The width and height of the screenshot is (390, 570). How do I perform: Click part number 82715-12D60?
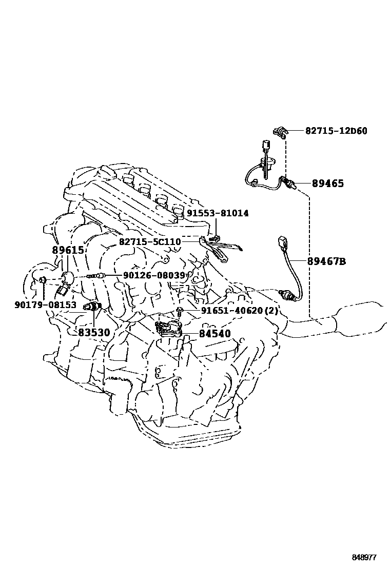pyautogui.click(x=336, y=131)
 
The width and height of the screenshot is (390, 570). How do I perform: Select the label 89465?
pyautogui.click(x=327, y=183)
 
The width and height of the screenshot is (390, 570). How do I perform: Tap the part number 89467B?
pyautogui.click(x=326, y=261)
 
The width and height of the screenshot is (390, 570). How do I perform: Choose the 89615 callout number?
pyautogui.click(x=67, y=250)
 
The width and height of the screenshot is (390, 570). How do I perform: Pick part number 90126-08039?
pyautogui.click(x=153, y=276)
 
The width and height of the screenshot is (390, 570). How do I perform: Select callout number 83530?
pyautogui.click(x=94, y=332)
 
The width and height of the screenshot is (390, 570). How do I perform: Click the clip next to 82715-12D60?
pyautogui.click(x=280, y=132)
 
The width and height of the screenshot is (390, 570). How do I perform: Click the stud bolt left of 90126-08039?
pyautogui.click(x=97, y=276)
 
